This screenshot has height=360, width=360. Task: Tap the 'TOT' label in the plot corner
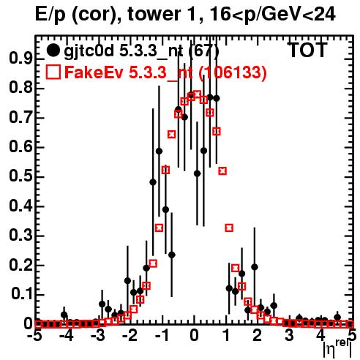point(307,50)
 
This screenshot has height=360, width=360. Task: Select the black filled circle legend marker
point(53,50)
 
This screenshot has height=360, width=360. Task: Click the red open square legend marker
point(53,72)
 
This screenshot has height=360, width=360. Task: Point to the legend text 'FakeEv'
point(94,72)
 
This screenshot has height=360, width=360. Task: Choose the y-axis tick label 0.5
point(20,176)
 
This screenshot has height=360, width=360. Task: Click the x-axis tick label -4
point(67,335)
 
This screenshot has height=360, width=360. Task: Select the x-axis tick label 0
point(194,335)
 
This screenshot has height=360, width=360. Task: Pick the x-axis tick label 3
point(290,335)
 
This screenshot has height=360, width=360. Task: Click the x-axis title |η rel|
point(337,348)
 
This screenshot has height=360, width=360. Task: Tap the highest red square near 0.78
point(198,94)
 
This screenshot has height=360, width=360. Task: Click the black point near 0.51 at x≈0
point(198,173)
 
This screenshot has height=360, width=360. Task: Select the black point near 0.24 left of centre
point(172,255)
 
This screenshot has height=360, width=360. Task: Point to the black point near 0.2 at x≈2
point(255,267)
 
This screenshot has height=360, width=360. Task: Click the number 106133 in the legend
point(232,72)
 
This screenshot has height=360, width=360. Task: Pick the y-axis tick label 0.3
point(20,235)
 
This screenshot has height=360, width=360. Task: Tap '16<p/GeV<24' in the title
point(272,15)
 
